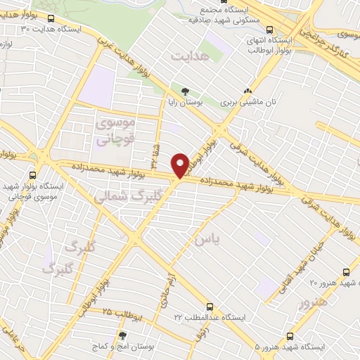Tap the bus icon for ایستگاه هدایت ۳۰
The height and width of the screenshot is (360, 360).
point(51,18)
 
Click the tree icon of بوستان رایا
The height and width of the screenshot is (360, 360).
point(185,91)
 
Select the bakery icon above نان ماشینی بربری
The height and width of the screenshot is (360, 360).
point(247,91)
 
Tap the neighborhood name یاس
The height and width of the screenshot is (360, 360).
point(209,240)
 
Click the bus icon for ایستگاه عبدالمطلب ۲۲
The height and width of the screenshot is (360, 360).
point(210,307)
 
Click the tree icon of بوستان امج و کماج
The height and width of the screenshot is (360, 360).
point(124,336)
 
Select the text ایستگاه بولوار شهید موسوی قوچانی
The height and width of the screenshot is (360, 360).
point(32,191)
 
